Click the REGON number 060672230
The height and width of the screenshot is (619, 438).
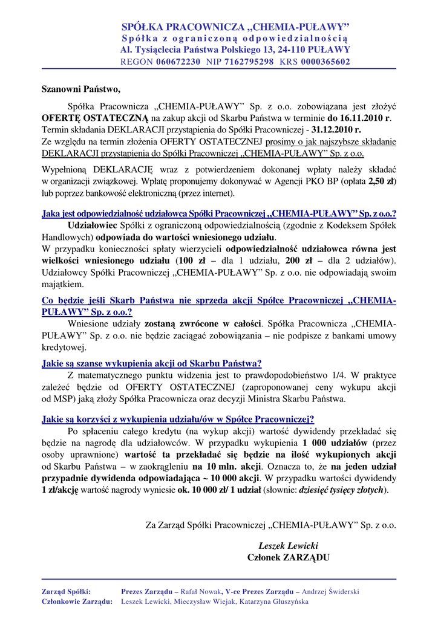(x=178, y=62)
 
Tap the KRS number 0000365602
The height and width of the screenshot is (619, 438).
(x=325, y=62)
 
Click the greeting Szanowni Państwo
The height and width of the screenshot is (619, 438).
(x=81, y=90)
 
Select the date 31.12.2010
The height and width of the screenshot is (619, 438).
(x=336, y=129)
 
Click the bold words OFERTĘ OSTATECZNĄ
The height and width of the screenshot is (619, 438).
(x=95, y=118)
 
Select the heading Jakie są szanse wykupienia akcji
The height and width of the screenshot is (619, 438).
(x=151, y=363)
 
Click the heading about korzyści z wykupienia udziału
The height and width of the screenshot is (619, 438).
(x=177, y=419)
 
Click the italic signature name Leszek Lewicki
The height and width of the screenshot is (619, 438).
(x=288, y=545)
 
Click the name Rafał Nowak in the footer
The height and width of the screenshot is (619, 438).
(x=197, y=591)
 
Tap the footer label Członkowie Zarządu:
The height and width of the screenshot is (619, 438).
(x=77, y=602)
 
